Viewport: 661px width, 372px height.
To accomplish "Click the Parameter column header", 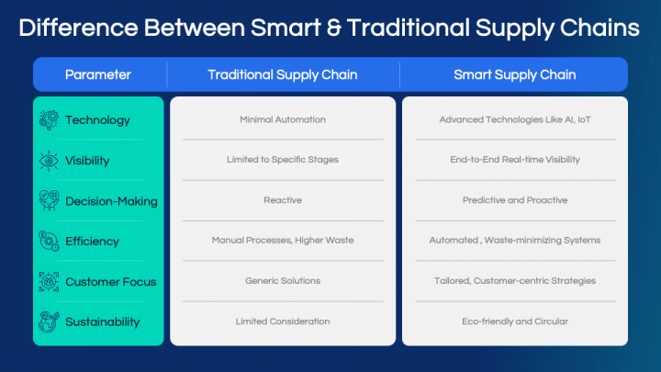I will [x=98, y=74].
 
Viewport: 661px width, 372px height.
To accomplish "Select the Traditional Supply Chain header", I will [x=282, y=74].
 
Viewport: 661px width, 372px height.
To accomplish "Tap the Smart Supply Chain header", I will [x=515, y=74].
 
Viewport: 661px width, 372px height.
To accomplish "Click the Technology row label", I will [x=97, y=120].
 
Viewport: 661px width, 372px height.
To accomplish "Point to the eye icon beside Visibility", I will [x=49, y=161].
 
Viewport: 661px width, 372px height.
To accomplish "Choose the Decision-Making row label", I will [x=111, y=201].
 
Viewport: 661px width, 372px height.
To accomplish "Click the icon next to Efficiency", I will [x=49, y=241].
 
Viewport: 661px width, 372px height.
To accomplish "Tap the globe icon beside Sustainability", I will [x=49, y=321].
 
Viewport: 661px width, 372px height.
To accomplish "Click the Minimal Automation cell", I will [x=283, y=120].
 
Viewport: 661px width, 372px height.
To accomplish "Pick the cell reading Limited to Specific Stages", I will [x=283, y=160].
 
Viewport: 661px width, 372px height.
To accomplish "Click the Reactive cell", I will [x=283, y=200].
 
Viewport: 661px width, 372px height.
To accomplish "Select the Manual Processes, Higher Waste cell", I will [x=283, y=241].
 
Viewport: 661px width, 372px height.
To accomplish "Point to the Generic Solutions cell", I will [x=283, y=281].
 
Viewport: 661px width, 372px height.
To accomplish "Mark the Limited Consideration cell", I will [x=283, y=321].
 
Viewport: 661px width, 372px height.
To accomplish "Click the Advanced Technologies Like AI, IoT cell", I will [x=515, y=120].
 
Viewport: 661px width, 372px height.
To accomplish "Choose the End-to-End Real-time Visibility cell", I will [x=515, y=160].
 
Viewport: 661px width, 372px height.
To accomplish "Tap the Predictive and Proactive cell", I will [x=515, y=200].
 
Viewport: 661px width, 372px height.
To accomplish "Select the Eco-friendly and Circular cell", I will [x=515, y=321].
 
